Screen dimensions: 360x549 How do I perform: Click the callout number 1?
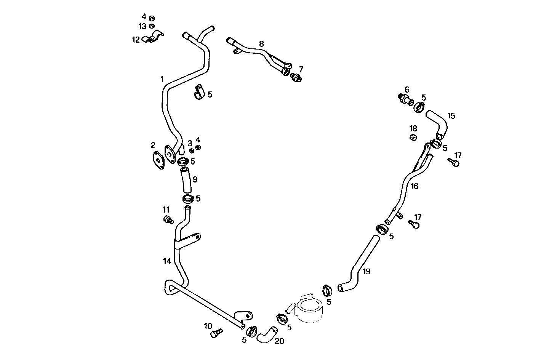click(162, 79)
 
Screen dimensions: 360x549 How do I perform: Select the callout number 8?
click(261, 44)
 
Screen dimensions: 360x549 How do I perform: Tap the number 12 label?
click(136, 40)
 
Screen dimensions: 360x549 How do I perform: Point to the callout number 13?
click(142, 26)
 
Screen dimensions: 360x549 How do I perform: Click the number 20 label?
click(279, 341)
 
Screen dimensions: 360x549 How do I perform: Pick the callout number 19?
click(367, 271)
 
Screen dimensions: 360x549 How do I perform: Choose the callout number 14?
click(167, 261)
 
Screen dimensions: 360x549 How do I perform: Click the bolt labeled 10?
click(216, 333)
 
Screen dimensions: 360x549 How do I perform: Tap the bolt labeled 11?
click(168, 220)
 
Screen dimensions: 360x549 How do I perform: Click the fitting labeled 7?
click(296, 78)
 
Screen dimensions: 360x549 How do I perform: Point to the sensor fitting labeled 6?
click(406, 100)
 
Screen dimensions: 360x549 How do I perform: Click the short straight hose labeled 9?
click(186, 180)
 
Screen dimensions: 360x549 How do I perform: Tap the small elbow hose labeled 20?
click(265, 334)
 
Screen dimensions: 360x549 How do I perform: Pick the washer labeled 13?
click(152, 26)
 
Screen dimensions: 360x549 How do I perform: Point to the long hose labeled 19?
click(358, 267)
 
